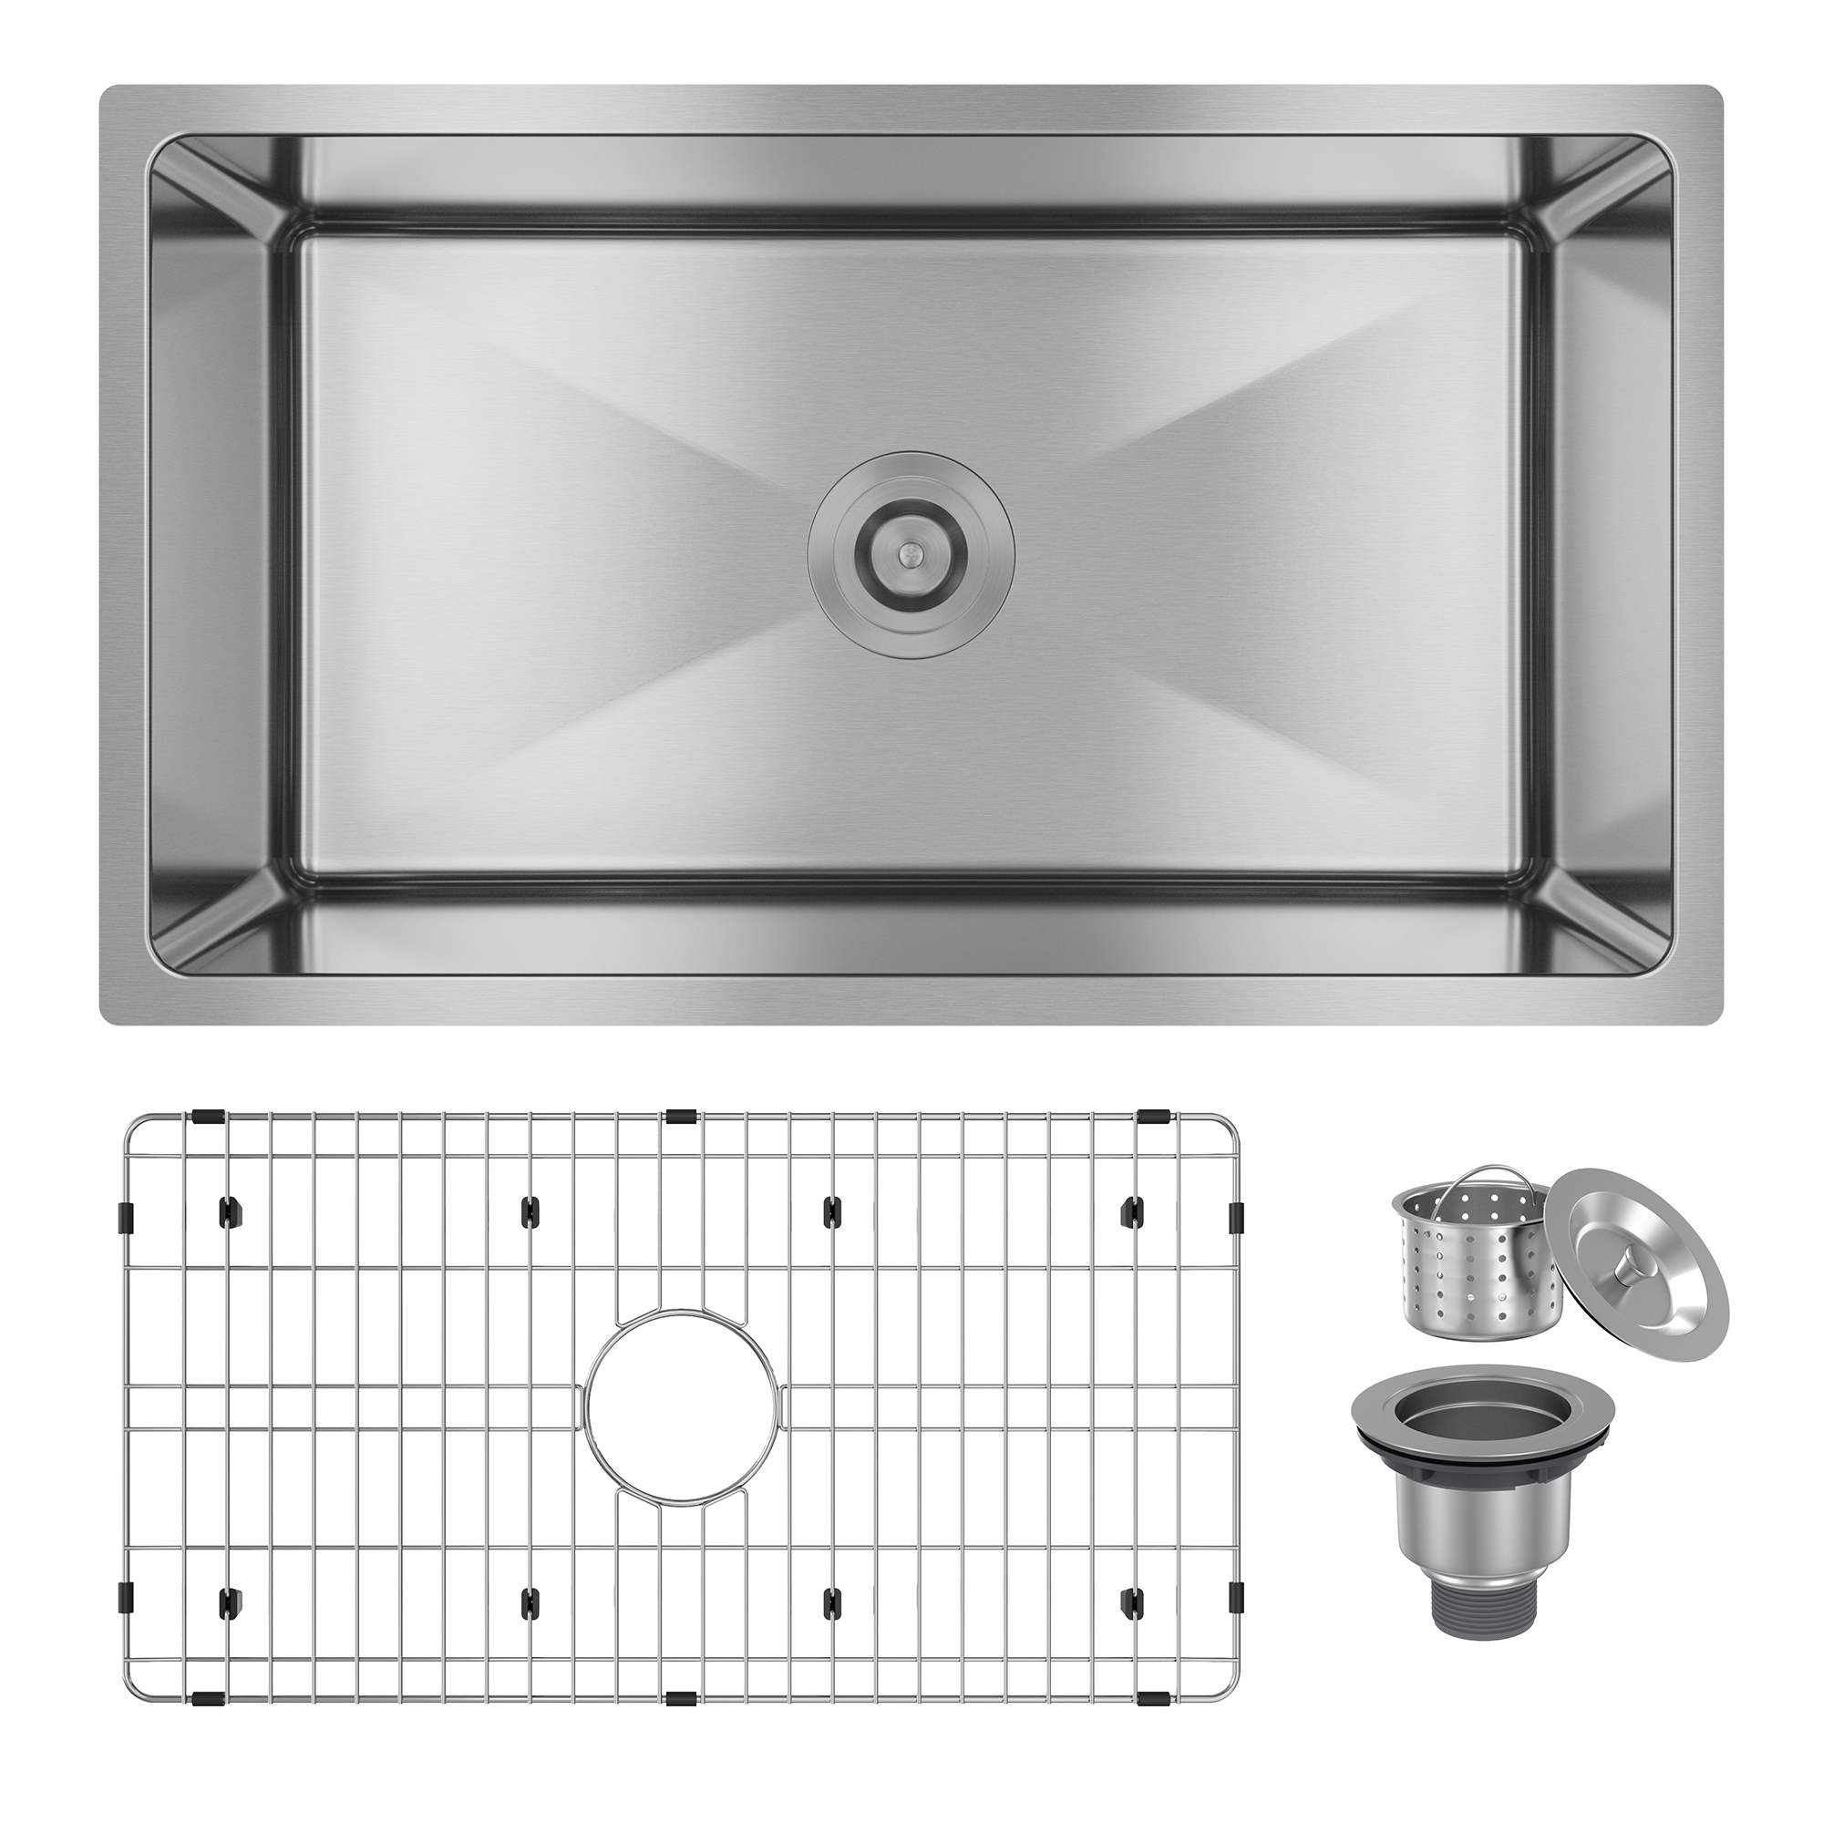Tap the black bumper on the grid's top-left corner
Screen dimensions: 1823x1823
coord(208,1117)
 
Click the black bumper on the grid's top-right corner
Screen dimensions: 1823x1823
coord(1152,1117)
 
